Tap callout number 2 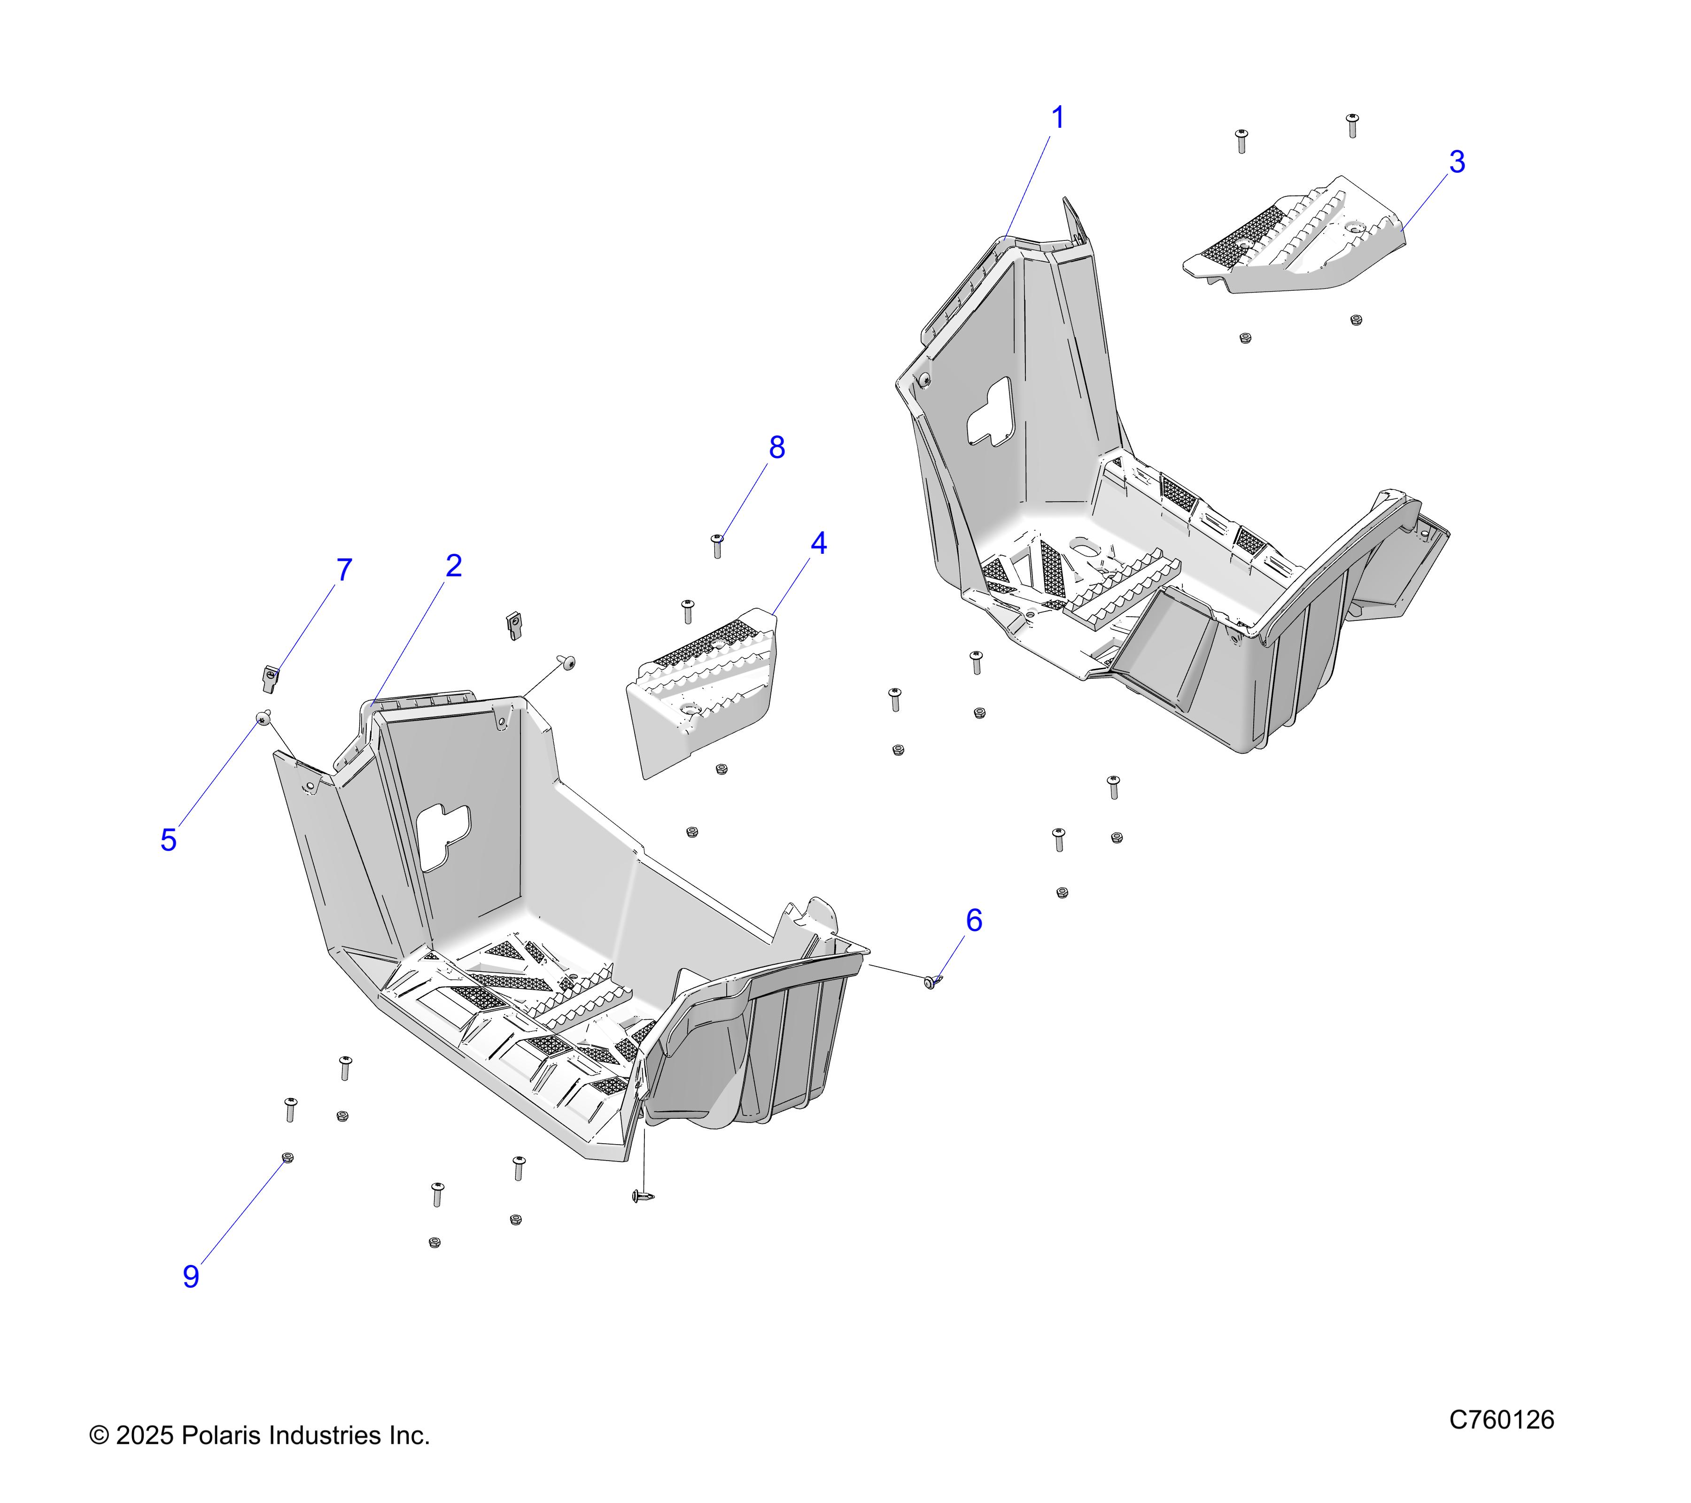coord(453,566)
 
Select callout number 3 coord(1457,162)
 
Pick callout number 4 coord(818,543)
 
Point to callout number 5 coord(169,840)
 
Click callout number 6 coord(974,921)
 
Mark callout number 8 coord(776,448)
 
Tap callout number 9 coord(191,1276)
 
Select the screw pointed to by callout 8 coord(717,545)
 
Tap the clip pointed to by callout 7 coord(270,678)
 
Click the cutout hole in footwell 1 coord(990,411)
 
